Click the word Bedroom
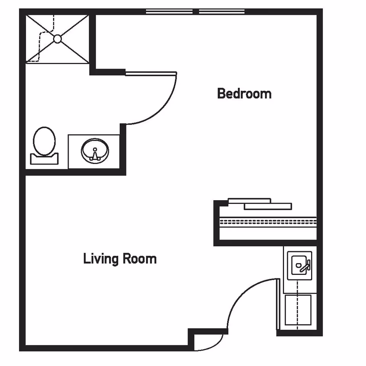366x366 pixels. click(x=244, y=93)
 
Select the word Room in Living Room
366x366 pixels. click(x=140, y=259)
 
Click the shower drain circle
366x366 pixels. click(x=57, y=39)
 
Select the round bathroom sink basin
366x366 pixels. click(x=95, y=151)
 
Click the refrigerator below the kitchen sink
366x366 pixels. click(x=298, y=310)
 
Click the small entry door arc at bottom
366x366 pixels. click(x=215, y=345)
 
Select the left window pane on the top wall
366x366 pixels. click(x=169, y=12)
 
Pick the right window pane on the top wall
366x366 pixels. click(x=222, y=12)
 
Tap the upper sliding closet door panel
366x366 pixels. click(x=249, y=200)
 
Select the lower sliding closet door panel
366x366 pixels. click(x=268, y=206)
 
